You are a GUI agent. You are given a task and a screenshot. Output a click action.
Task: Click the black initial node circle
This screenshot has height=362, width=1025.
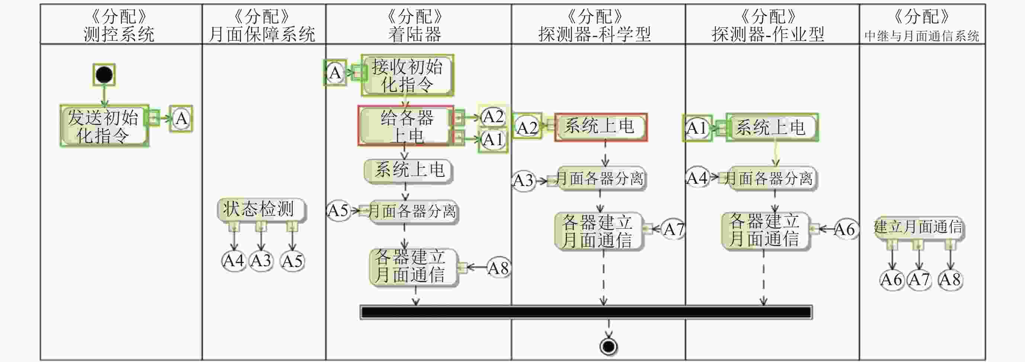[104, 75]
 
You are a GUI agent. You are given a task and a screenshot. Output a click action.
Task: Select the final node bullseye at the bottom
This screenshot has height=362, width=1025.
[608, 346]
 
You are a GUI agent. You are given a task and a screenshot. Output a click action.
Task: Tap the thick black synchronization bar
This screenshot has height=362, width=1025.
[586, 312]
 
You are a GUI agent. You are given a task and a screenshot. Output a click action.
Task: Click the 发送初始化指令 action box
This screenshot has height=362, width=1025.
[104, 126]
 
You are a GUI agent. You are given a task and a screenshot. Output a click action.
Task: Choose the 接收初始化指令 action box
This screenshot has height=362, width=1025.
[407, 75]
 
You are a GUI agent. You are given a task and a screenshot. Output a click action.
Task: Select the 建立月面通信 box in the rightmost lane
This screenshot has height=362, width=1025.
[918, 228]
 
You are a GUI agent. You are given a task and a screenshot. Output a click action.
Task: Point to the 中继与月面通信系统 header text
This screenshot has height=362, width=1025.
[922, 36]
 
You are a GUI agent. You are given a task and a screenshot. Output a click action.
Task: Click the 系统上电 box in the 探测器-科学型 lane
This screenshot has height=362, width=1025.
[600, 127]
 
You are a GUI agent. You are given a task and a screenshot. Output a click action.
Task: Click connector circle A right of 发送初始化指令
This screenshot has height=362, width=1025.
[181, 119]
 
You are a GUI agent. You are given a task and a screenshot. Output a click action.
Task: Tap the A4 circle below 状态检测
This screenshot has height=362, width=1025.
[233, 261]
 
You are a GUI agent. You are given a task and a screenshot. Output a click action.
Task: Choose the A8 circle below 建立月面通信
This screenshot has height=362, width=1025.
[950, 280]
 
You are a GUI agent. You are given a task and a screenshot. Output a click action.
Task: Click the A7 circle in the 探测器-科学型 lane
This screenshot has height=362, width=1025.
[673, 229]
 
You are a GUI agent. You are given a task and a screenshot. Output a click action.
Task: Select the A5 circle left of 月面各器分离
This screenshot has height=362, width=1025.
[338, 211]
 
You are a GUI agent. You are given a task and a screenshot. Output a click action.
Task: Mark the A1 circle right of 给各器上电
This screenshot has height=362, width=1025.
[493, 140]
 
